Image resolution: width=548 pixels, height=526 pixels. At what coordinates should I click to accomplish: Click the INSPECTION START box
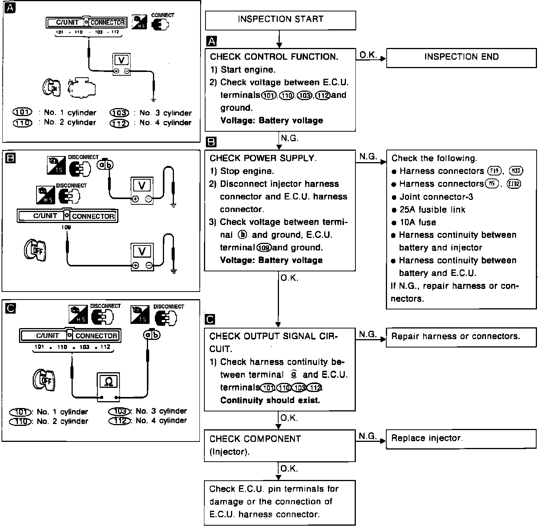coord(280,20)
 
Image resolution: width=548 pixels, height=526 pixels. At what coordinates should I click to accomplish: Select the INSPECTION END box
coord(461,57)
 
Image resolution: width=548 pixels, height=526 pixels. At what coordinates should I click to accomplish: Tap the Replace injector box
coord(461,438)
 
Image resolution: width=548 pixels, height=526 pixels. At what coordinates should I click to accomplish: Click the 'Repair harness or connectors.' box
coord(461,336)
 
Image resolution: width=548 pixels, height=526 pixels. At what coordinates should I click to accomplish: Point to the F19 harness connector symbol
coord(494,171)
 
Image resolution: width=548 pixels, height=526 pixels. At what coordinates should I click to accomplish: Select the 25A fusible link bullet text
coord(432,210)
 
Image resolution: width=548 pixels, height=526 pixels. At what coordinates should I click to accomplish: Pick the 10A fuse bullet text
coord(417,222)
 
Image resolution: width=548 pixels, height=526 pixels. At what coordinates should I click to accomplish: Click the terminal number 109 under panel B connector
coord(66,227)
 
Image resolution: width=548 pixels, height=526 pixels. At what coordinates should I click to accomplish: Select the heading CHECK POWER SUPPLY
coord(263,158)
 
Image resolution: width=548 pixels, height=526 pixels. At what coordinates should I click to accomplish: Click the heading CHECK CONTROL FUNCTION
coord(274,57)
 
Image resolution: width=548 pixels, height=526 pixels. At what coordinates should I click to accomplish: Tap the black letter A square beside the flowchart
coord(211,41)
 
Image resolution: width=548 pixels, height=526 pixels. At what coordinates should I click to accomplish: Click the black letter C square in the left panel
coord(11,308)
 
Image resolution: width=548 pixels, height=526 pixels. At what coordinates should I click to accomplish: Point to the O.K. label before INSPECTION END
coord(368,55)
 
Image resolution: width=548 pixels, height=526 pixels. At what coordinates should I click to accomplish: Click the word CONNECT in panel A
coord(162,15)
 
